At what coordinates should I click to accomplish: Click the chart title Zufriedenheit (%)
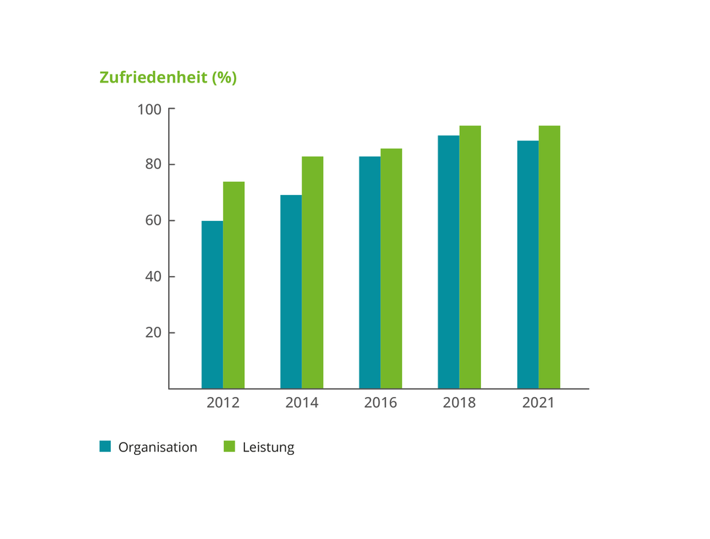coord(168,78)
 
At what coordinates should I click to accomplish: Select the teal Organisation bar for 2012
coord(212,304)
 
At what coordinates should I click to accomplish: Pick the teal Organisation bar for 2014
coord(291,291)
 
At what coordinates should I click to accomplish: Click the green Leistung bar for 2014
coord(312,272)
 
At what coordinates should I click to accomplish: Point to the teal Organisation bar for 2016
coord(369,272)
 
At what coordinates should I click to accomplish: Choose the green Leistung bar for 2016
coord(391,268)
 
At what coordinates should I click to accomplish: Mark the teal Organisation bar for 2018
coord(448,262)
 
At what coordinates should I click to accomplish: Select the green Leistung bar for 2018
coord(470,257)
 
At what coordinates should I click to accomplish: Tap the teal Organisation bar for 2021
coord(527,264)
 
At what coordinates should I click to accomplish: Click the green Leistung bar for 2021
coord(549,257)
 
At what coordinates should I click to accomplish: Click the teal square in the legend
coord(105,446)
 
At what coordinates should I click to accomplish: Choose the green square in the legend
coord(230,446)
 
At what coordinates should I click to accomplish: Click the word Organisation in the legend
coord(157,447)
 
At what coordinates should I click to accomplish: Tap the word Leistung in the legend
coord(268,447)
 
